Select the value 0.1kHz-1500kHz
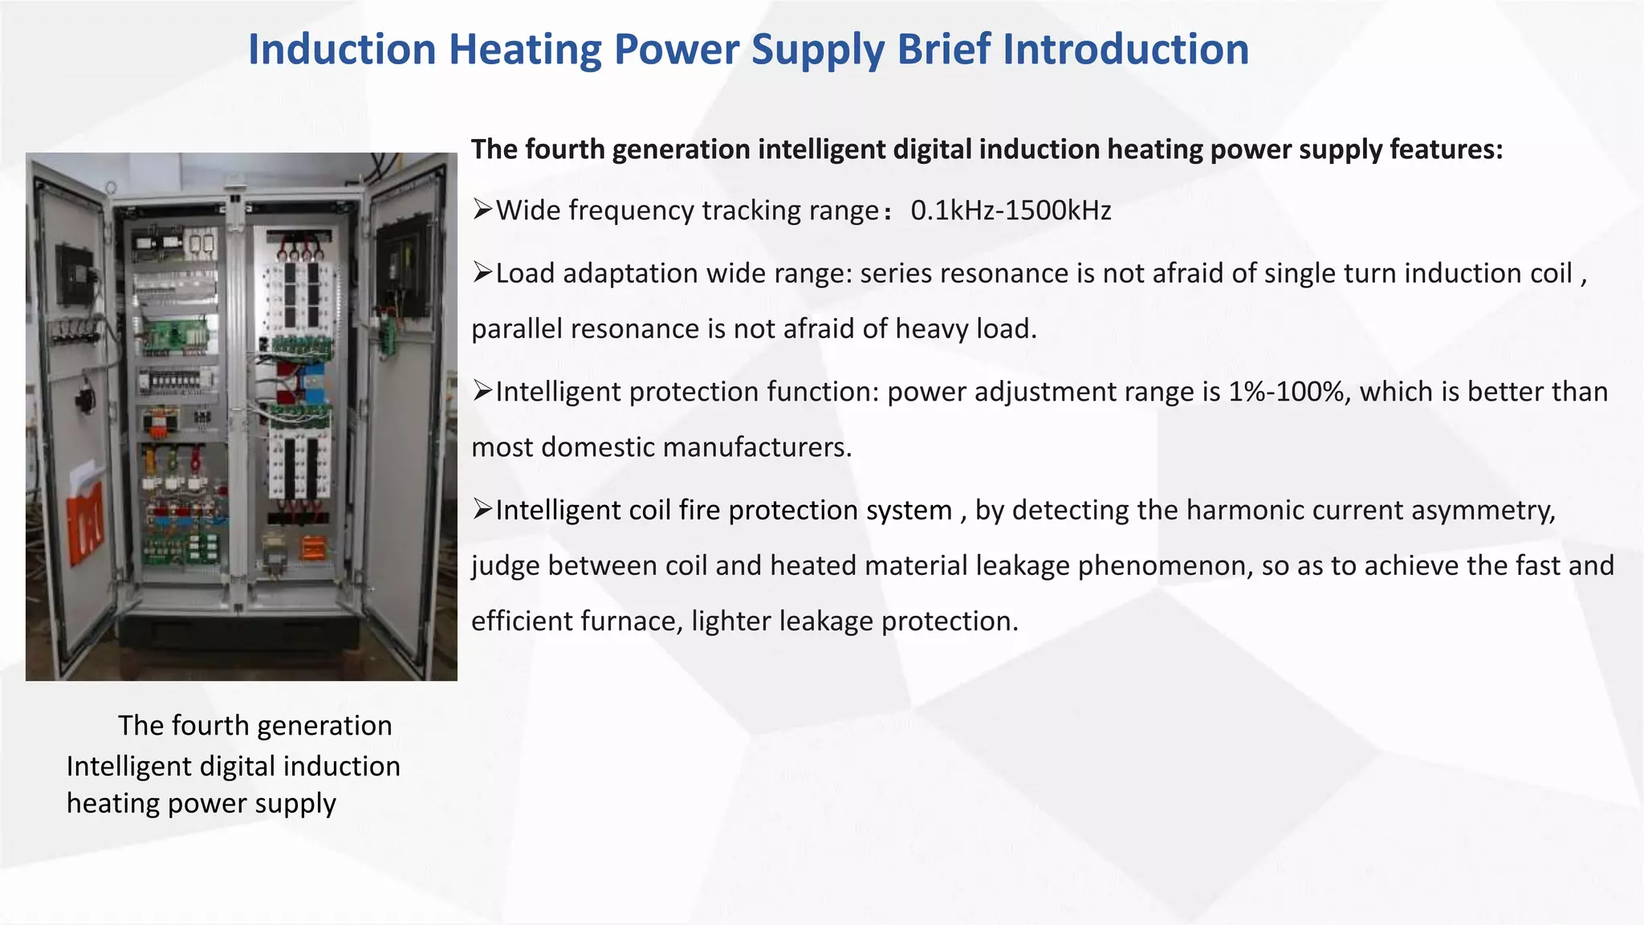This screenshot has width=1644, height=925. point(1010,210)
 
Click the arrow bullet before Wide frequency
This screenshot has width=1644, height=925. point(482,210)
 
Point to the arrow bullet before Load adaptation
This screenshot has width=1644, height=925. point(482,273)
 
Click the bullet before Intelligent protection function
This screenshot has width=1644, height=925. point(482,391)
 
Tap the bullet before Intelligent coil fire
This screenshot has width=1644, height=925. point(482,510)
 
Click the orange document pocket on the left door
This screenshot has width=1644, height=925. point(85,522)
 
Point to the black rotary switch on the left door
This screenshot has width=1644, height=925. point(84,397)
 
